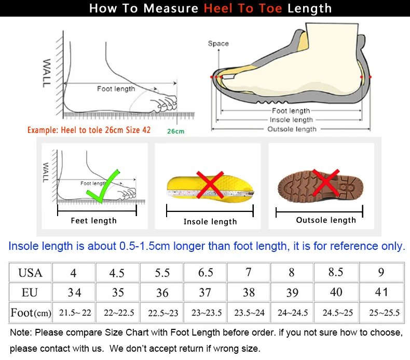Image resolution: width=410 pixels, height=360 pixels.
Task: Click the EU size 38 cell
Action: click(249, 292)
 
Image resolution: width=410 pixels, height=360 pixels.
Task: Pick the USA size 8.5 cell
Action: click(336, 272)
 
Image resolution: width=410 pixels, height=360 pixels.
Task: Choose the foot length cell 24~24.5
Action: click(292, 313)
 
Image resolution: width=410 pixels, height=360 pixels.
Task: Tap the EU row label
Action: click(30, 292)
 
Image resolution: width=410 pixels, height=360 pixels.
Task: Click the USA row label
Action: click(30, 272)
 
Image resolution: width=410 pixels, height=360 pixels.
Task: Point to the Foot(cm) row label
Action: click(31, 313)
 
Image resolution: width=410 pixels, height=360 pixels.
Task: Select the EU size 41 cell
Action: click(381, 292)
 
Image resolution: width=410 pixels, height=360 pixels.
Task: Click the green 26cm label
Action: click(175, 131)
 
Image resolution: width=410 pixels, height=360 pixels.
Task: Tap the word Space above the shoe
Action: click(218, 44)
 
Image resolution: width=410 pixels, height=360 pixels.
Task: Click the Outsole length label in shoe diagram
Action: click(292, 129)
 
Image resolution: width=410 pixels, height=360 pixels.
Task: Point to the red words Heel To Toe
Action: click(243, 8)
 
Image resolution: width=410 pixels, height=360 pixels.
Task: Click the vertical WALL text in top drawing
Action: click(47, 73)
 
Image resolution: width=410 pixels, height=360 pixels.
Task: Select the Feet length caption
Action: click(93, 221)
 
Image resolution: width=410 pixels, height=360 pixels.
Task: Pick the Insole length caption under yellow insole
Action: click(210, 222)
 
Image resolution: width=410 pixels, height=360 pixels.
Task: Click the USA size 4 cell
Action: click(74, 272)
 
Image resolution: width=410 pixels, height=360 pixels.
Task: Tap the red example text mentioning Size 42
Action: click(89, 130)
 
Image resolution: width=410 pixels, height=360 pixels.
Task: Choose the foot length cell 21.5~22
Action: click(75, 313)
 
